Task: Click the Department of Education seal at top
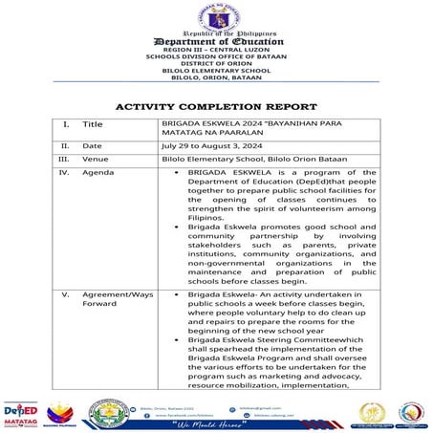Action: [x=216, y=16]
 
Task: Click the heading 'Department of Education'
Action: [x=216, y=42]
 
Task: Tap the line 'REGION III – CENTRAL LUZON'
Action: [x=216, y=52]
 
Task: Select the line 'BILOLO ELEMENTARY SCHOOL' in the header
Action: [x=216, y=71]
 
